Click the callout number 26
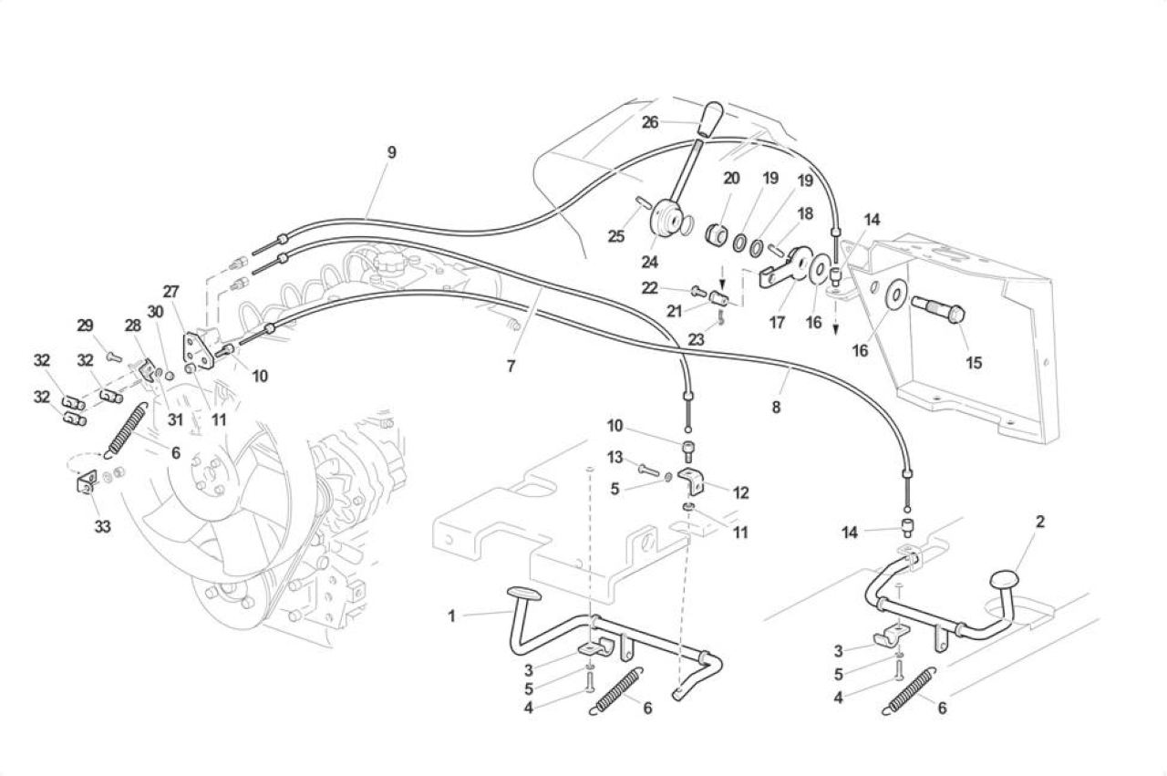650,122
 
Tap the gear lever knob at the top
713,120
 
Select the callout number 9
391,152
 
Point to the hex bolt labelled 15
938,310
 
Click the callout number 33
103,526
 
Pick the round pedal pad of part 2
1004,580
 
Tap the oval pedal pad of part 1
523,595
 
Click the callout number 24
650,262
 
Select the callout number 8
776,407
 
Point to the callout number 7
511,367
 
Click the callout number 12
740,492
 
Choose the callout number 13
614,457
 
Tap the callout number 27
170,291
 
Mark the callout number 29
85,326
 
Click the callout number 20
731,178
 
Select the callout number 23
696,339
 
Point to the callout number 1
451,616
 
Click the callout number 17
776,323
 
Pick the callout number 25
615,236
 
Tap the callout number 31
175,419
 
